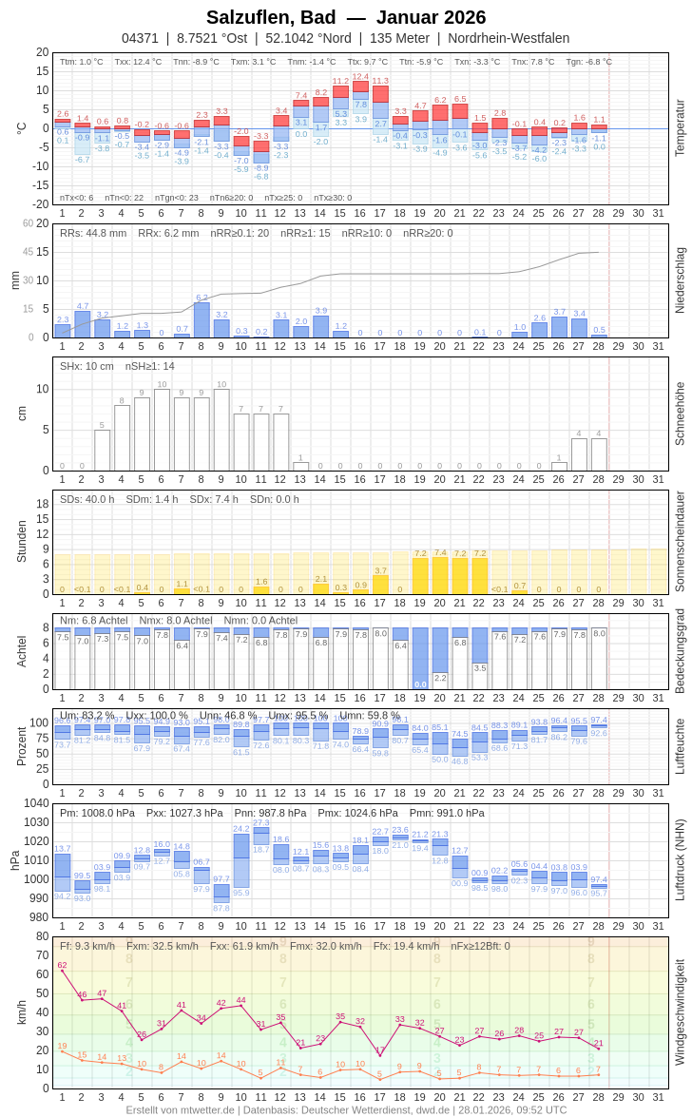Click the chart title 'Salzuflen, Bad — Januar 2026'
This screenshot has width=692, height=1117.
346,17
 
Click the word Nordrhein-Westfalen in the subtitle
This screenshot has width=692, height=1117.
509,38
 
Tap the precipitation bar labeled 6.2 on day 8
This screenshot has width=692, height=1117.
202,319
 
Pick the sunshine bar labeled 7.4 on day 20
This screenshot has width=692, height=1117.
440,575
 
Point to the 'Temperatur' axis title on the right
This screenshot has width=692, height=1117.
680,127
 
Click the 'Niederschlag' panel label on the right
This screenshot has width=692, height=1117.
680,280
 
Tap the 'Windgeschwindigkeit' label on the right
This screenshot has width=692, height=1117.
680,1011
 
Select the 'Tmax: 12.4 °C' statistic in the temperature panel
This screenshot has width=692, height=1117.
138,62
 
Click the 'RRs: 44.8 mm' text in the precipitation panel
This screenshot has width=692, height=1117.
93,233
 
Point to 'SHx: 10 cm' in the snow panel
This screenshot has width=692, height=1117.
86,366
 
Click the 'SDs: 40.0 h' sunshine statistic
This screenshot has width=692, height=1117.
86,499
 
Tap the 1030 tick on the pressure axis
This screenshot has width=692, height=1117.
36,822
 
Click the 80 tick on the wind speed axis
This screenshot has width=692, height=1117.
42,936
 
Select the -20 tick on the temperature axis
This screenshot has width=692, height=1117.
41,203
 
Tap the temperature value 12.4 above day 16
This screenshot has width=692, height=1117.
360,76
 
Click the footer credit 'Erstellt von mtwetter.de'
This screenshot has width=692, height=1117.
181,1109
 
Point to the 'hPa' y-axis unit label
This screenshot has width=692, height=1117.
14,860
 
